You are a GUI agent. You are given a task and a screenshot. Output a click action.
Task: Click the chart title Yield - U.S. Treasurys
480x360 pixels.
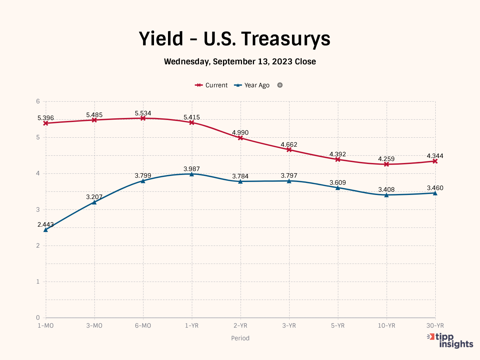pyautogui.click(x=234, y=39)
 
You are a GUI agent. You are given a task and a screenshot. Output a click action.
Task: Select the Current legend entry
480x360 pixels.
pyautogui.click(x=211, y=85)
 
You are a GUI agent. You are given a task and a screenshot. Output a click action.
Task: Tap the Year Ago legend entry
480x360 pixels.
pyautogui.click(x=252, y=85)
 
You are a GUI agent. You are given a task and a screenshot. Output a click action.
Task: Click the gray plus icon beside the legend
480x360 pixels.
pyautogui.click(x=280, y=85)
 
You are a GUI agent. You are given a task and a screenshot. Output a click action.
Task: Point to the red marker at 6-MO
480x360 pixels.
pyautogui.click(x=143, y=118)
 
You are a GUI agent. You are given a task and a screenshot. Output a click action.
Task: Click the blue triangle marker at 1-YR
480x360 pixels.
pyautogui.click(x=192, y=174)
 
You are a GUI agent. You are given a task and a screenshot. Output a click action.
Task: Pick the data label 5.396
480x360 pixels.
pyautogui.click(x=46, y=118)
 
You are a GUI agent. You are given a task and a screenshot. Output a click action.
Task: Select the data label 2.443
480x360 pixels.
pyautogui.click(x=46, y=225)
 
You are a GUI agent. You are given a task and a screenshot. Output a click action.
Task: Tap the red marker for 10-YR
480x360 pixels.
pyautogui.click(x=386, y=164)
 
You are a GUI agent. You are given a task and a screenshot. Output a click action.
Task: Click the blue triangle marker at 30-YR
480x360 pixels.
pyautogui.click(x=435, y=193)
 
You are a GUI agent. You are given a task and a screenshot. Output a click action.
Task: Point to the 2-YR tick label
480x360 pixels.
pyautogui.click(x=240, y=326)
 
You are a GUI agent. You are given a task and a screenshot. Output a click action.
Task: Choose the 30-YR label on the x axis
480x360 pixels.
pyautogui.click(x=435, y=326)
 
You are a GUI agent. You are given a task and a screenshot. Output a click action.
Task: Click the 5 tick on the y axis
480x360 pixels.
pyautogui.click(x=38, y=137)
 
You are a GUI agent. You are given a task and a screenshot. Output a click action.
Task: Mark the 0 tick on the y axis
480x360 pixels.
pyautogui.click(x=38, y=318)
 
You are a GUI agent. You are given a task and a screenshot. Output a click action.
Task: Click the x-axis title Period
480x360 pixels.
pyautogui.click(x=240, y=338)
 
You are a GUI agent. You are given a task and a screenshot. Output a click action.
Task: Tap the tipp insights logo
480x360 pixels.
pyautogui.click(x=451, y=340)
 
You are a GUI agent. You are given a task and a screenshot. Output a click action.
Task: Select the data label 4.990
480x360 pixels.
pyautogui.click(x=240, y=133)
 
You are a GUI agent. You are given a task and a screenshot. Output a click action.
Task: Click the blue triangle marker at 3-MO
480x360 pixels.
pyautogui.click(x=94, y=202)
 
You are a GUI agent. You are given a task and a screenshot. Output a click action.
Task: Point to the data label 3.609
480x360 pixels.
pyautogui.click(x=338, y=183)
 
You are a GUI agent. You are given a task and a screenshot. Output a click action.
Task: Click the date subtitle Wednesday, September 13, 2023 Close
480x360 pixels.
pyautogui.click(x=240, y=62)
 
